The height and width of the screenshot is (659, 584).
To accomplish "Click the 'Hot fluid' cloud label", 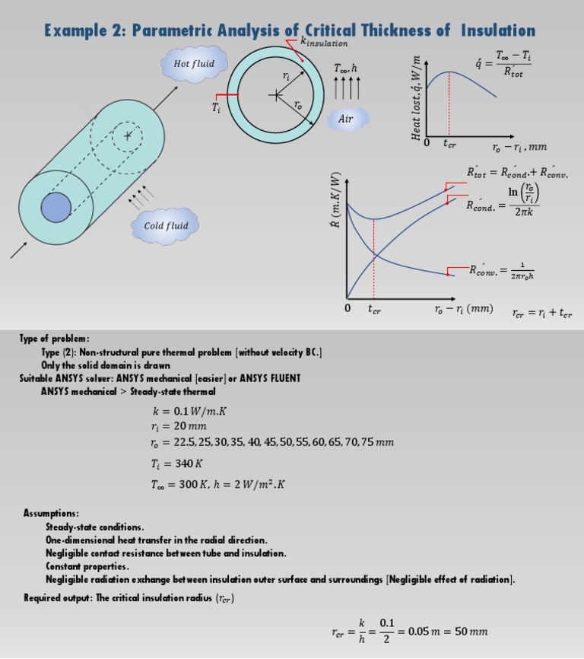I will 194,64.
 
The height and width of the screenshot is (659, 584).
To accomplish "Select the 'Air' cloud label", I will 346,119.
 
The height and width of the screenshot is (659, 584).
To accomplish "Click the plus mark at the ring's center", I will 275,96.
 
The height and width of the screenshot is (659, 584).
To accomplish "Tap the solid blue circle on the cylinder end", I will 56,207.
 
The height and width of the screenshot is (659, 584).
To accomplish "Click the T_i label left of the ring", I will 215,107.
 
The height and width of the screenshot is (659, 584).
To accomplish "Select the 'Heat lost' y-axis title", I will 416,99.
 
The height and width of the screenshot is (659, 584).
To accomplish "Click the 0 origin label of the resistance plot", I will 347,309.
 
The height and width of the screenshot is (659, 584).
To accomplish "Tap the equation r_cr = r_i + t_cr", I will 541,313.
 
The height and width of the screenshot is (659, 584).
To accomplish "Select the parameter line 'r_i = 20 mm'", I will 180,427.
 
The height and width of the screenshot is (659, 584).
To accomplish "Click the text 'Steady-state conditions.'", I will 94,527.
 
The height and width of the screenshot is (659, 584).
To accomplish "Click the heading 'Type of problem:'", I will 55,338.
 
